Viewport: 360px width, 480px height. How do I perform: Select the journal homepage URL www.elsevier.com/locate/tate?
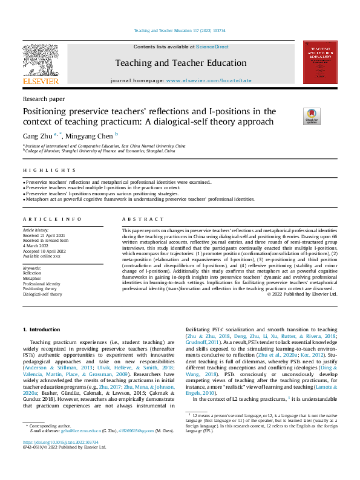coord(209,80)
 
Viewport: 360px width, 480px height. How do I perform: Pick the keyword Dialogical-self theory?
coord(42,294)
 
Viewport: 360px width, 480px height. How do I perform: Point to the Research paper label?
coord(44,98)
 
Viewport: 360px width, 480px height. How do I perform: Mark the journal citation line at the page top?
coord(180,30)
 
